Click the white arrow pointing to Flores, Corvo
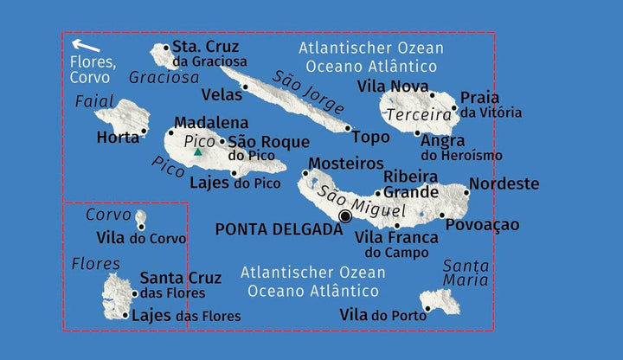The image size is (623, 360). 84,45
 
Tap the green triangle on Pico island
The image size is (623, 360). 198,152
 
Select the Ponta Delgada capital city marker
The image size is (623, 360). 346,216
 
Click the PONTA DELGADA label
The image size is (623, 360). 279,229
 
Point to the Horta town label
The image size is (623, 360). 118,138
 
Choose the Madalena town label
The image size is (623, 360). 211,123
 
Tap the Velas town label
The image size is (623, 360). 222,94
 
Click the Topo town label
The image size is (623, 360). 371,137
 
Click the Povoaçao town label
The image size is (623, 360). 483,225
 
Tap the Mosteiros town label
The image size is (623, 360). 346,164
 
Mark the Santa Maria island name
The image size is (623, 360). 466,273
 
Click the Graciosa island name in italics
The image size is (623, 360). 164,78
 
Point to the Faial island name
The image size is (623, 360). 94,101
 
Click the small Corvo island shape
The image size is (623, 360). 140,216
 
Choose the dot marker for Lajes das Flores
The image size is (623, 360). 125,315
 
